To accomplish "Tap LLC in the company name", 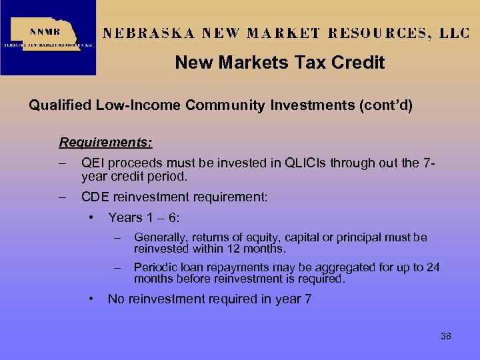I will click(x=455, y=33).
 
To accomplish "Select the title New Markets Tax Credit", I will click(x=280, y=63).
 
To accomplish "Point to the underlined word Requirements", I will click(x=105, y=142).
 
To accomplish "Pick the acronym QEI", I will click(x=93, y=164).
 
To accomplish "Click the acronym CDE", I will click(x=95, y=197).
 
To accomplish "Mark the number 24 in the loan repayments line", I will click(x=433, y=267).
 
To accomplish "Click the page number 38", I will click(x=446, y=336).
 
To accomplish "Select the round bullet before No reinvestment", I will click(x=90, y=299).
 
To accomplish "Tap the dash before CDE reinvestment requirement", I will click(x=63, y=197).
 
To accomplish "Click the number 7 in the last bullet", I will click(x=307, y=299).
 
